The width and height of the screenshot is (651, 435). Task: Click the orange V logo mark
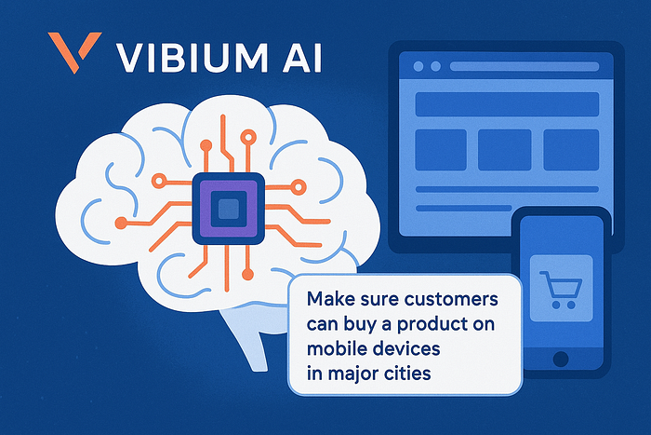pos(73,54)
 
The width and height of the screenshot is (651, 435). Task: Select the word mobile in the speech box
pos(336,351)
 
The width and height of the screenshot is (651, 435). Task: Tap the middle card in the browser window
pos(504,149)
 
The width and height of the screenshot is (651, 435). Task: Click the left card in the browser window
pos(440,149)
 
